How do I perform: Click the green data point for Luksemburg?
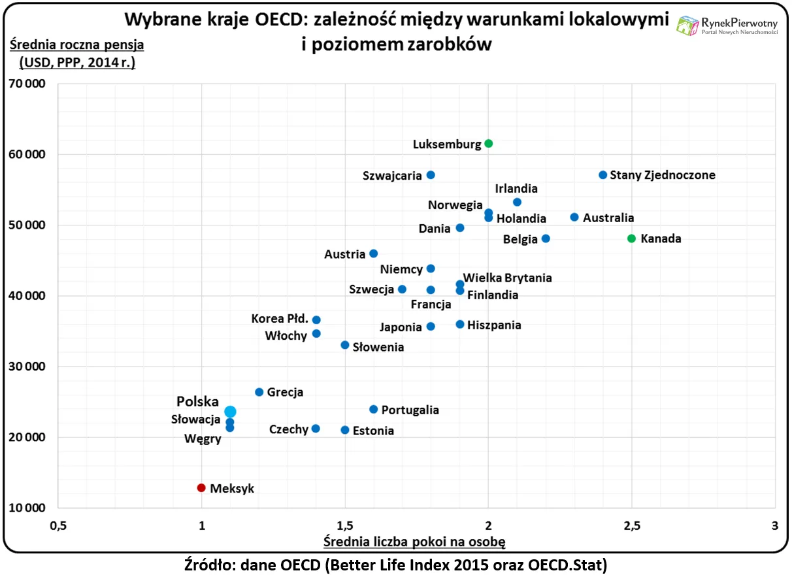coord(488,144)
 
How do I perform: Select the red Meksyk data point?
coord(201,487)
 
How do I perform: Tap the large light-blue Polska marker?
coord(230,412)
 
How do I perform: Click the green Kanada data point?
coord(631,238)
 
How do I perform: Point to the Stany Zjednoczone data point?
coord(602,175)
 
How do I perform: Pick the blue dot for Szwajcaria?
coord(431,175)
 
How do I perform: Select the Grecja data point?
coord(259,392)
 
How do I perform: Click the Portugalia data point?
coord(373,409)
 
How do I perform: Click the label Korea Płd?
coord(280,319)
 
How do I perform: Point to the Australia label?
coord(608,218)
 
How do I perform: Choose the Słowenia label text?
coord(378,347)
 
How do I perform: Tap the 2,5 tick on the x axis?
coord(631,525)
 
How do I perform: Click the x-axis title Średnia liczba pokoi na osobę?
coord(415,542)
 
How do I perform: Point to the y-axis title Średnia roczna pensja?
coord(76,45)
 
